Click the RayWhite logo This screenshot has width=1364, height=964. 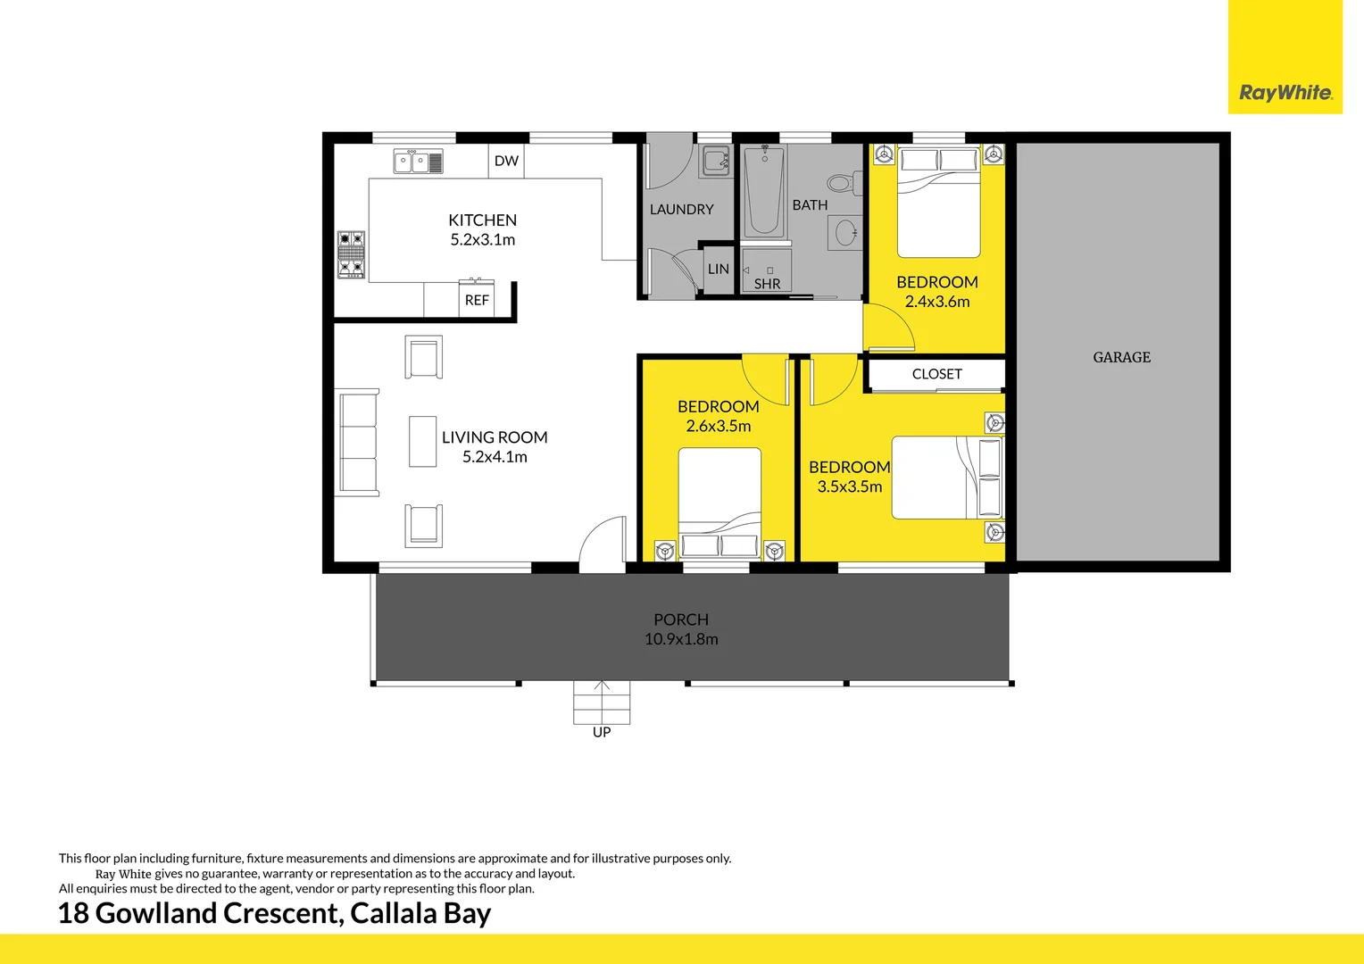pos(1285,92)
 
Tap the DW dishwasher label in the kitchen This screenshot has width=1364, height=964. pos(506,161)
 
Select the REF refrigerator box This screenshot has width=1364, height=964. pos(477,300)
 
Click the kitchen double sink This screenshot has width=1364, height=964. pos(418,162)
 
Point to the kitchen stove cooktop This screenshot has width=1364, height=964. pos(351,254)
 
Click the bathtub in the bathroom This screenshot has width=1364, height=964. pos(764,191)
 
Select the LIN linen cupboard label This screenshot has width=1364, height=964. pos(718,269)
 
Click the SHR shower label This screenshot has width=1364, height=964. pos(767,284)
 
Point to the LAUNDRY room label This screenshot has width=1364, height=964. pos(681,209)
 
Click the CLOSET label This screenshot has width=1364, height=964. pos(936,374)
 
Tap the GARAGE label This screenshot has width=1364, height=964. pos(1121,357)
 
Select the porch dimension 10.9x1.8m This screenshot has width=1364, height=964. pos(681,639)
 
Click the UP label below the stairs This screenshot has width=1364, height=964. pos(602,732)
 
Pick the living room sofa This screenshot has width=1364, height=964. pos(358,442)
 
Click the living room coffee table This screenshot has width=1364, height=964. pos(422,441)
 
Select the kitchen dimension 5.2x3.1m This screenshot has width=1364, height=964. pos(482,239)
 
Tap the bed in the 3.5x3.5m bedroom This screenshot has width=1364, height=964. pos(946,478)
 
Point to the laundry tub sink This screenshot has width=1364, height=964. pos(715,161)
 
